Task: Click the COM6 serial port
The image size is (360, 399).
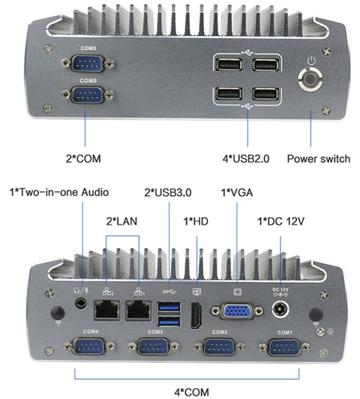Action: pos(87,96)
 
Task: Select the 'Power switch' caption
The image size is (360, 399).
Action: pos(318,158)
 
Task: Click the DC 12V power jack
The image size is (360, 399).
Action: pos(281,310)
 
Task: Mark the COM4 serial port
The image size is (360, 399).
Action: pos(90,348)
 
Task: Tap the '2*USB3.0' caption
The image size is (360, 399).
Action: pos(169,191)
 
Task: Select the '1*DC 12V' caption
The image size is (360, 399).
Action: pos(280,221)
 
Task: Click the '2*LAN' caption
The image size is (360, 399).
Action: pos(122,221)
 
